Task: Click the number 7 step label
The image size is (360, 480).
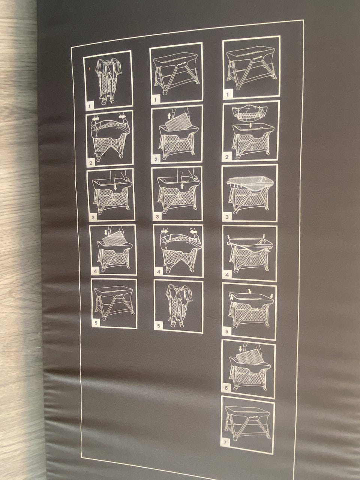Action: pos(225,442)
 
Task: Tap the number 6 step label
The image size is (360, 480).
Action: pos(226,388)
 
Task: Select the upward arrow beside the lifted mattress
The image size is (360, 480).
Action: pos(169,116)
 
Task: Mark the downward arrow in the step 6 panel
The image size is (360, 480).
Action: pos(241,349)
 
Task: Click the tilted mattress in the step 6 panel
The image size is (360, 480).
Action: pos(250,357)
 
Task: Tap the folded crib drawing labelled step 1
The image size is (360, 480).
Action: pos(109,81)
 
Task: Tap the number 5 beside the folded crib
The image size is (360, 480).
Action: pos(159,326)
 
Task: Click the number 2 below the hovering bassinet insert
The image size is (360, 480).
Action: pos(226,157)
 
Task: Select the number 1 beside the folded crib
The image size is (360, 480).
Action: pos(89,106)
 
